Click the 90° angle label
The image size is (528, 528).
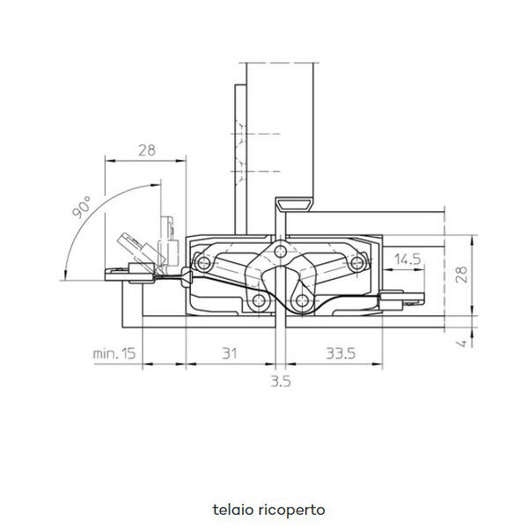point(82,207)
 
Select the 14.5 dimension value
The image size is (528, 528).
point(407,260)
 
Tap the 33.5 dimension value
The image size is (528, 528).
point(341,354)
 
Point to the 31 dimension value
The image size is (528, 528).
point(230,354)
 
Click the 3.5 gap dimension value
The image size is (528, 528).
point(281,382)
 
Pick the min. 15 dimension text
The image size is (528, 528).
point(114,354)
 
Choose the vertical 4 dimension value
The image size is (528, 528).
point(463,343)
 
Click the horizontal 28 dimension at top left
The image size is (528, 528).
point(147,150)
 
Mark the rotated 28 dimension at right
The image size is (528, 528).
point(462,275)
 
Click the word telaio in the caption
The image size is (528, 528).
point(232,510)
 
